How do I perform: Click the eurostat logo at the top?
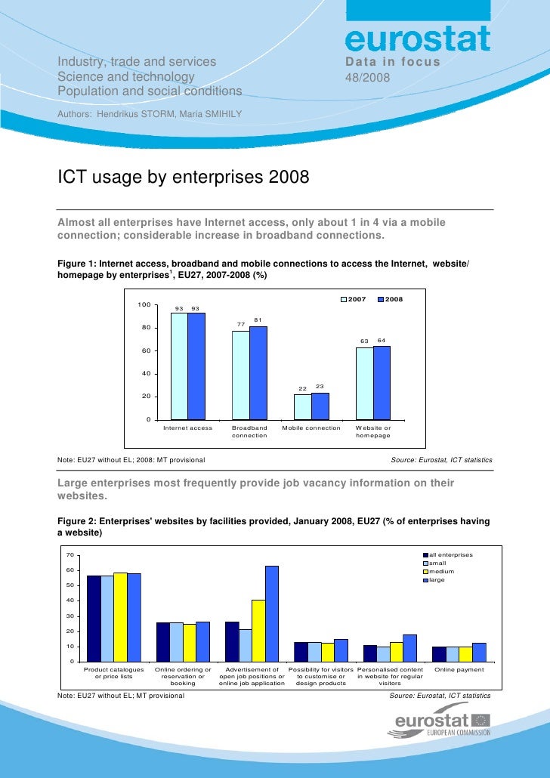pos(418,39)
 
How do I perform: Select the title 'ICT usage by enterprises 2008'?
pos(184,178)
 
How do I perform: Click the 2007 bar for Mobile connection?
pos(302,406)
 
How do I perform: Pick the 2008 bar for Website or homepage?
pos(382,382)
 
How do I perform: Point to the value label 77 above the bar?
pos(240,324)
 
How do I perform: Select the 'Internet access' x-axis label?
pos(188,428)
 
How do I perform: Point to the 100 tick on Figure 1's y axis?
pos(144,304)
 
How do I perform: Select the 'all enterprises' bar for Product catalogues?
pos(94,619)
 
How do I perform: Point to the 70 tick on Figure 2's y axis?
pos(69,554)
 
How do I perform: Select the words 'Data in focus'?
pos(392,61)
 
